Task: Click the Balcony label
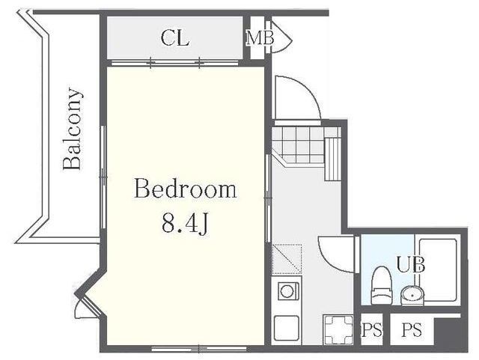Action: tap(73, 129)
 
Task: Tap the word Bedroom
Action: tap(186, 189)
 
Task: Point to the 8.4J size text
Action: tap(186, 223)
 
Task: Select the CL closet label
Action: tap(174, 38)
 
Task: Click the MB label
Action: tap(260, 38)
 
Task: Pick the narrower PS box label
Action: tap(372, 330)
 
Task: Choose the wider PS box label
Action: tap(412, 329)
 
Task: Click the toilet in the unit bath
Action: tap(381, 286)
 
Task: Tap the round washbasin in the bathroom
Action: tap(412, 295)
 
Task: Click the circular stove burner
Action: tap(287, 291)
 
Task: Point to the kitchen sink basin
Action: tap(286, 329)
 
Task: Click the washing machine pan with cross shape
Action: tap(338, 329)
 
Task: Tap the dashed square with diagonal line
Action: tap(287, 258)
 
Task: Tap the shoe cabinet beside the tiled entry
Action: tap(332, 159)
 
